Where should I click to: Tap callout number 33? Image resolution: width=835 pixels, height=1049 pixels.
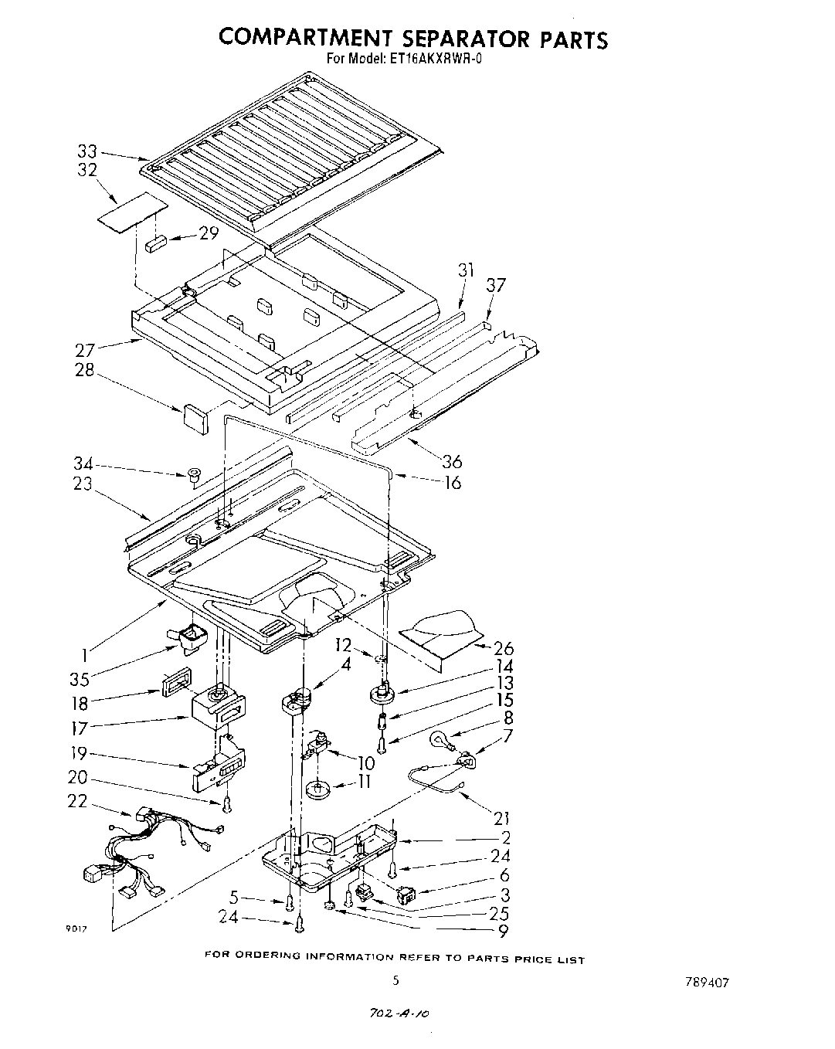click(87, 151)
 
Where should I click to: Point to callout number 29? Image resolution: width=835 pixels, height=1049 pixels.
click(209, 233)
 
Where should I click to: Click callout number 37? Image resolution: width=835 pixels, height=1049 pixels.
click(495, 285)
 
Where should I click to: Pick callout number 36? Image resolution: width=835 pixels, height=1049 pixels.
click(452, 461)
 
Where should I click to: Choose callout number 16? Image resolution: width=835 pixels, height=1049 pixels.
click(453, 483)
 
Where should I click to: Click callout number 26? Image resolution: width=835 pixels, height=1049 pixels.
click(503, 648)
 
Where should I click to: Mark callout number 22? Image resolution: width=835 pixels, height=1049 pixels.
click(77, 801)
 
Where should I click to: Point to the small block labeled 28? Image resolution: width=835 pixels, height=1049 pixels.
click(196, 417)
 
